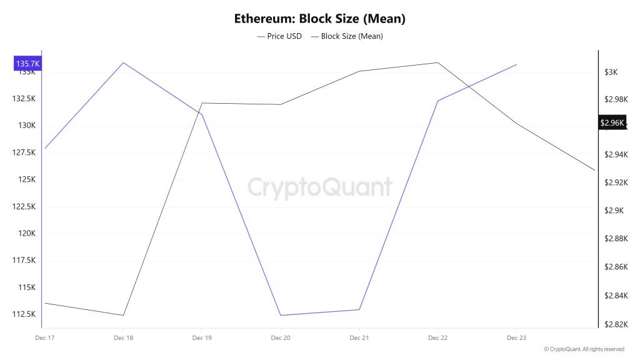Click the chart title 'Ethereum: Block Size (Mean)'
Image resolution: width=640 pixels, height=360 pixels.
point(319,19)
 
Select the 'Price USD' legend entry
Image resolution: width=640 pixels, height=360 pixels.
point(279,36)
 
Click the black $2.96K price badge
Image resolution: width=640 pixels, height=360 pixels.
point(612,122)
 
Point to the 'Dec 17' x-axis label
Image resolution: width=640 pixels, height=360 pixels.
point(44,337)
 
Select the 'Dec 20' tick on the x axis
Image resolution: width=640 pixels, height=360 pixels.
point(280,337)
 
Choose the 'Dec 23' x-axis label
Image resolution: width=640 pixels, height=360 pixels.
point(516,337)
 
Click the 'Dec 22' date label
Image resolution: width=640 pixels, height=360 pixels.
point(437,337)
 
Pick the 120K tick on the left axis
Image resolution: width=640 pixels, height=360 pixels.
point(27,234)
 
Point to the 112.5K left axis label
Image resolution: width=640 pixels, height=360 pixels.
point(24,314)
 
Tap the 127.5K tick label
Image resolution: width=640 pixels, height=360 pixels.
point(24,152)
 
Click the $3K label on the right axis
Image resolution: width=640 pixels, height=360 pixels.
point(611,72)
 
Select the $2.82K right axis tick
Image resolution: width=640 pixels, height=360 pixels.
point(616,324)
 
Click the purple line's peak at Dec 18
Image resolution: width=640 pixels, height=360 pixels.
point(123,62)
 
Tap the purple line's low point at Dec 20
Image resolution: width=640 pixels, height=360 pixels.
point(280,315)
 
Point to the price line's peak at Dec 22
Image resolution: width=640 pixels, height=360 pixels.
point(437,62)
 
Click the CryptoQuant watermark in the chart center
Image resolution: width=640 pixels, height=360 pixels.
point(319,187)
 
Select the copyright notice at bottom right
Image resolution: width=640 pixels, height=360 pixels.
point(584,349)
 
